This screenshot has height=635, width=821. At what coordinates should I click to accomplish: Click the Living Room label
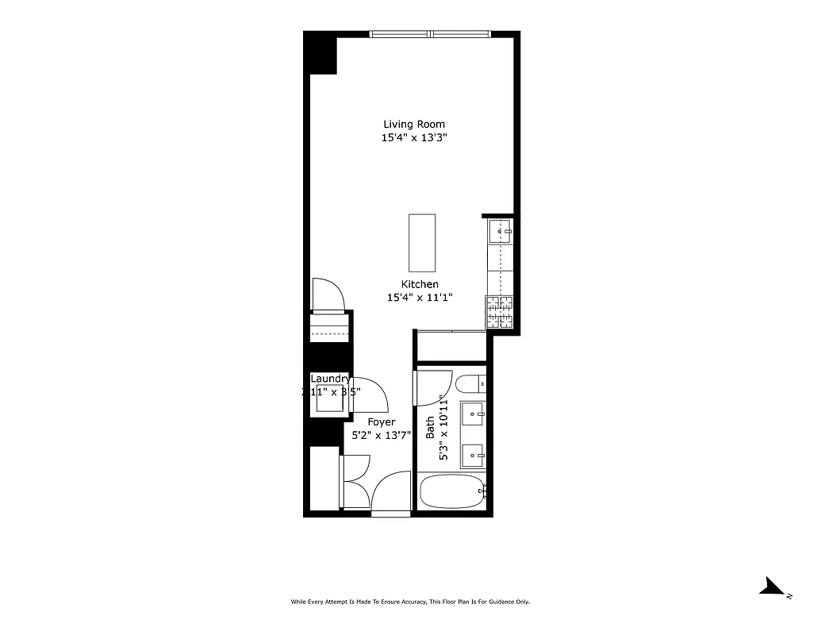coord(414,124)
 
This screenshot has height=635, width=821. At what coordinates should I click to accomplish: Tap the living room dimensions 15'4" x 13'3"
coord(414,138)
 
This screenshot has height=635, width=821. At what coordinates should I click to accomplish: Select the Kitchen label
coord(420,284)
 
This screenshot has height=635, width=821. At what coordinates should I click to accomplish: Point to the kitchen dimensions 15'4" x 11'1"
coord(420,298)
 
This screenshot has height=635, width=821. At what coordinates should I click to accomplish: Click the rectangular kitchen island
coord(422,242)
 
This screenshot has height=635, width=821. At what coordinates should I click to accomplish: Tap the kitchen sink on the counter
coord(501,231)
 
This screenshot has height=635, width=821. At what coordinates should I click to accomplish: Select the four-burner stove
coord(500,311)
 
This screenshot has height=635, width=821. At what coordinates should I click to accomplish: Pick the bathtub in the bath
coord(452,492)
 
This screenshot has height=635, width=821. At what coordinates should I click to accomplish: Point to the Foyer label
coord(382,422)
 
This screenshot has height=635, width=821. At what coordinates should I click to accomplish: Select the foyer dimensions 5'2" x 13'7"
coord(382,435)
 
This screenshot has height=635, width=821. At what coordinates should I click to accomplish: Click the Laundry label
coord(330,379)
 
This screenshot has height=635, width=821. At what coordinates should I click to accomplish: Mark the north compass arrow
coord(772,587)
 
